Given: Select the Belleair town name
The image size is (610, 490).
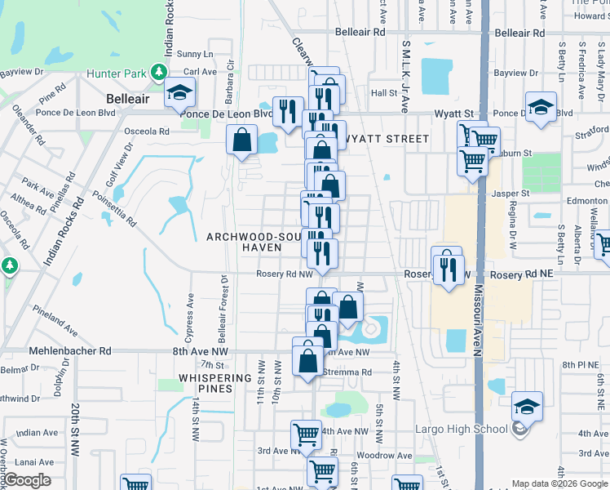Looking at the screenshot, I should click(x=128, y=98).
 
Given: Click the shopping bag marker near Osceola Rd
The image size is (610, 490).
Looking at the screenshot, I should click(x=243, y=140).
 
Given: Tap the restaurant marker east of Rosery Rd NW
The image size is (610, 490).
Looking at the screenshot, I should click(x=447, y=269).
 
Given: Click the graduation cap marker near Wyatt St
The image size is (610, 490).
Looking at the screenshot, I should click(x=540, y=108).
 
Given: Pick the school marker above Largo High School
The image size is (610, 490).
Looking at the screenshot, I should click(x=527, y=407).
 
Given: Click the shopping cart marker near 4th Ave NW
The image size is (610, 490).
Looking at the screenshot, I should click(x=306, y=435).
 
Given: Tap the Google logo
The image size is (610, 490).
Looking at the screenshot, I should click(x=26, y=480).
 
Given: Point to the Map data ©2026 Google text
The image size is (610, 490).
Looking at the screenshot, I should click(x=559, y=483).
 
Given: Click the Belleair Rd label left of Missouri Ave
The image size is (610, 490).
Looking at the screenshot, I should click(x=360, y=33).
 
